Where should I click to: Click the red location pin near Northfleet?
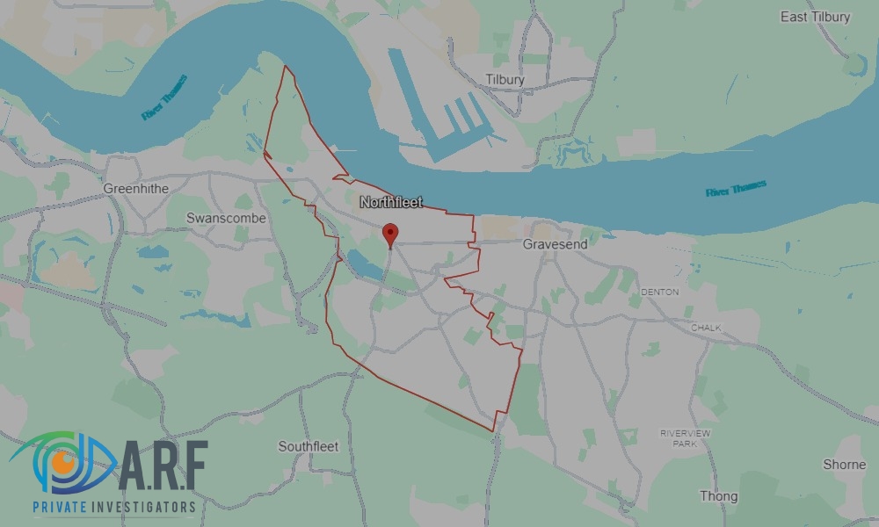click(390, 234)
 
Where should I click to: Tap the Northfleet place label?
click(391, 202)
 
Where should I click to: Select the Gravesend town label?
click(555, 243)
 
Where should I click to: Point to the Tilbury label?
click(505, 79)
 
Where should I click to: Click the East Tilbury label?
click(816, 17)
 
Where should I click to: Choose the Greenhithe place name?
click(135, 188)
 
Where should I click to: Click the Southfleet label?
click(308, 446)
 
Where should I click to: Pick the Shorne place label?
click(844, 464)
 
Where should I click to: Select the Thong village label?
click(718, 496)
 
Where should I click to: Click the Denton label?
click(660, 292)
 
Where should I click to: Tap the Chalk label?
click(706, 328)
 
